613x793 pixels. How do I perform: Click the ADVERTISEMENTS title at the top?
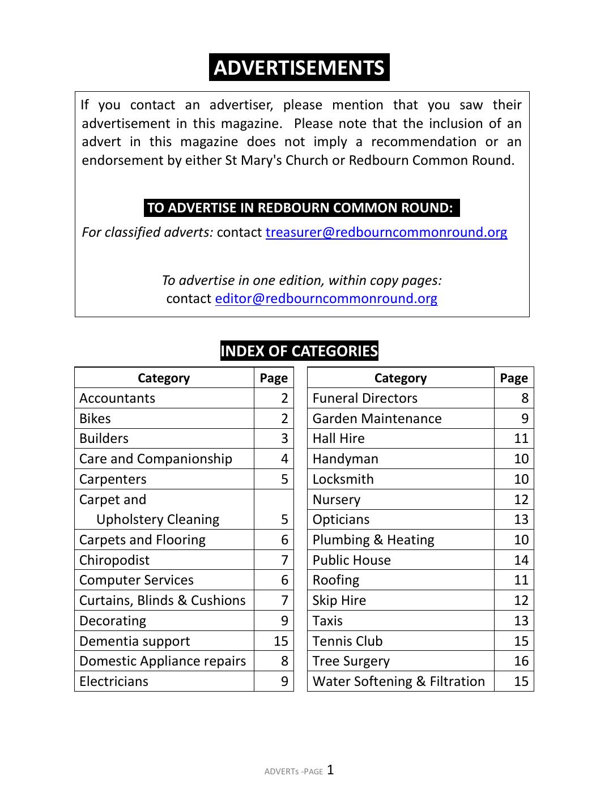coord(299,67)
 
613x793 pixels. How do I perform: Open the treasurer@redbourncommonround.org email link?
coord(386,232)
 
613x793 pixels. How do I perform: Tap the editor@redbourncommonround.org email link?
coord(326,299)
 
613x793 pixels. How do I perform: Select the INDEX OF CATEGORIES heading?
coord(299,351)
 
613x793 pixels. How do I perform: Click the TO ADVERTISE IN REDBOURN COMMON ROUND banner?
coord(301,207)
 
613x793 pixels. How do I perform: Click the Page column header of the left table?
coord(274,378)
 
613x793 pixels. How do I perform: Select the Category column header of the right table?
coord(401,378)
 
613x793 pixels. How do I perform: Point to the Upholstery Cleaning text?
coord(157,519)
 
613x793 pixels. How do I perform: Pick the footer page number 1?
coord(330,770)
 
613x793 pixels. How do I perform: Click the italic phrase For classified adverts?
coord(147,232)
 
